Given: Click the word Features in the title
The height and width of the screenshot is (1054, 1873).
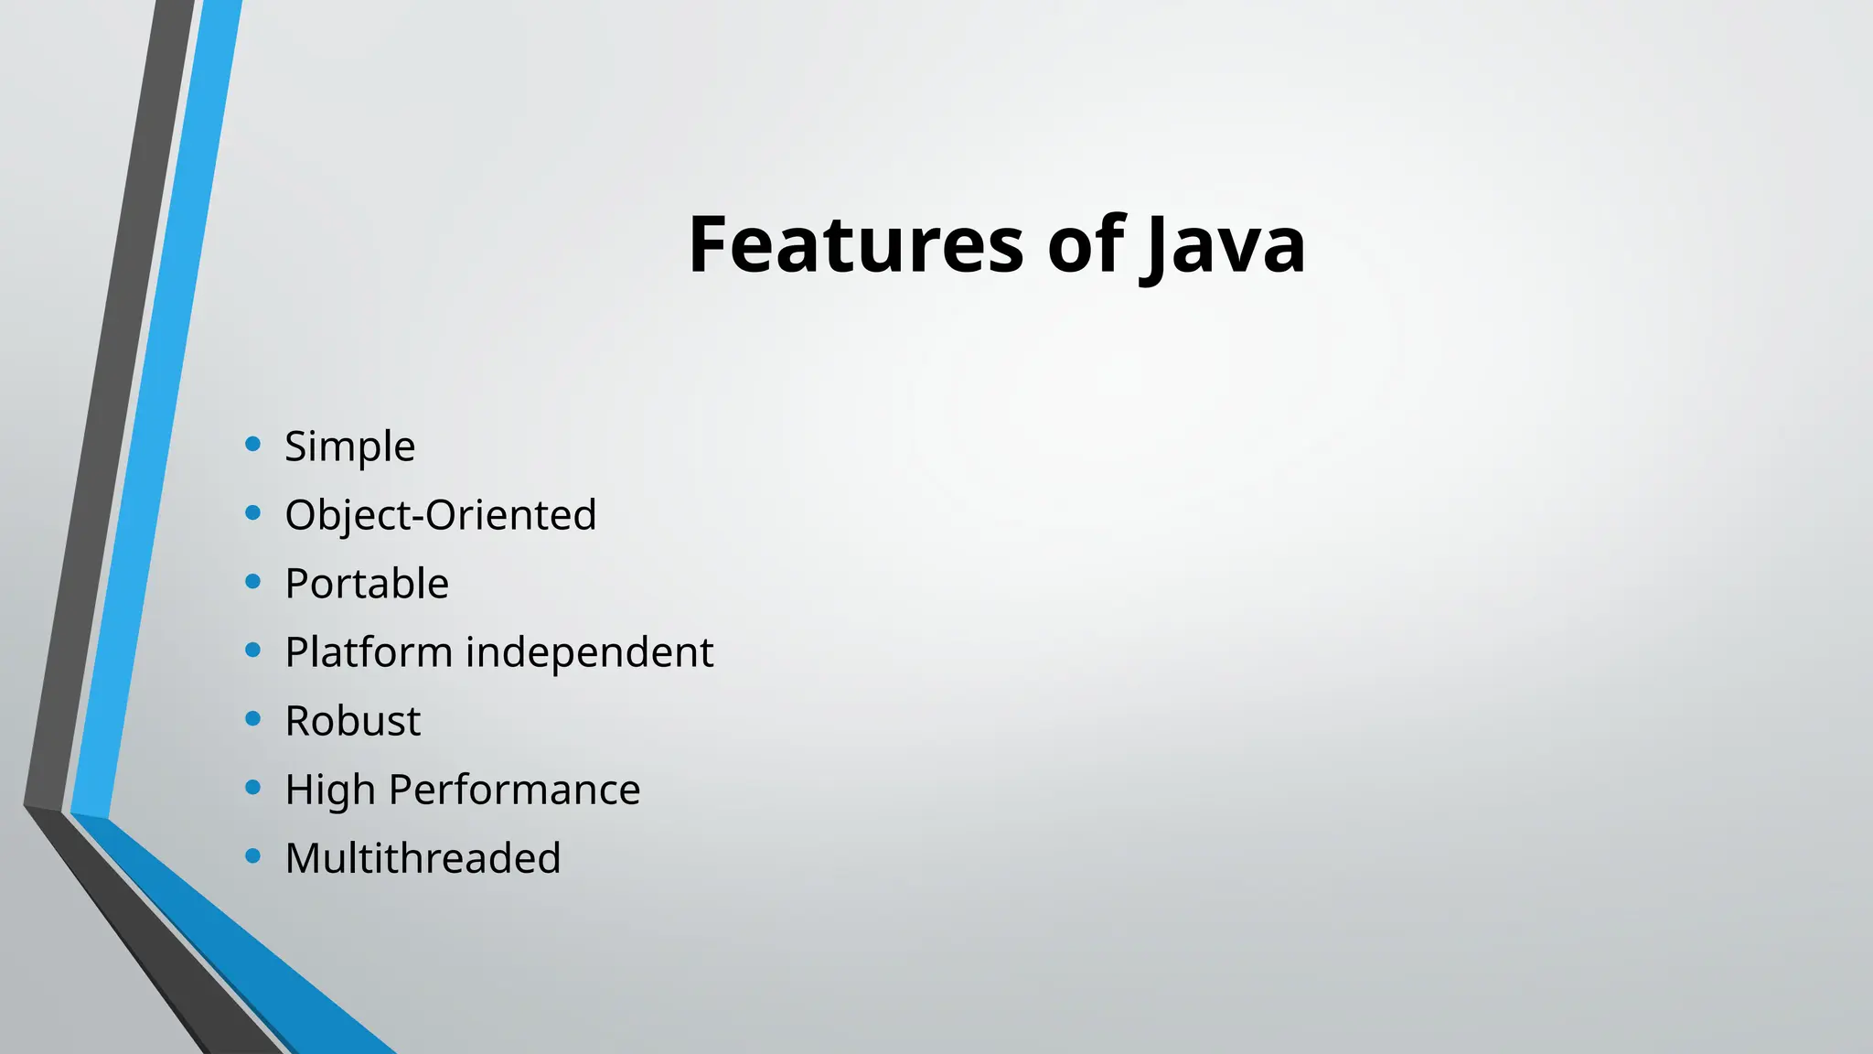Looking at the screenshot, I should pyautogui.click(x=855, y=244).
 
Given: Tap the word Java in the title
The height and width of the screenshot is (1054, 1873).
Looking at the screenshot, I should pyautogui.click(x=1224, y=244).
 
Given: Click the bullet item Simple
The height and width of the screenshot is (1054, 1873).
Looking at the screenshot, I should pyautogui.click(x=349, y=446).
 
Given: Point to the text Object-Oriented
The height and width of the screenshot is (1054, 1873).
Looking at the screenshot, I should pyautogui.click(x=440, y=515).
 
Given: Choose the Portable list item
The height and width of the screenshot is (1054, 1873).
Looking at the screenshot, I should pyautogui.click(x=367, y=584).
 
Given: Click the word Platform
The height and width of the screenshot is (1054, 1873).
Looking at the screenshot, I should pyautogui.click(x=369, y=652).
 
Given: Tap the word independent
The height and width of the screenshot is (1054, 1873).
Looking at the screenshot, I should pyautogui.click(x=589, y=652).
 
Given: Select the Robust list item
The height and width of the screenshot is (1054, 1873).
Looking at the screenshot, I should pyautogui.click(x=352, y=721).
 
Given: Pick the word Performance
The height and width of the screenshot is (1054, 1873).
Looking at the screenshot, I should pyautogui.click(x=514, y=790).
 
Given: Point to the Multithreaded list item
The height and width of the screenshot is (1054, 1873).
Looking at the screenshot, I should pyautogui.click(x=423, y=858).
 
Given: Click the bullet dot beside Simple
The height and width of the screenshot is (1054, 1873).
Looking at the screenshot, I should pyautogui.click(x=253, y=445).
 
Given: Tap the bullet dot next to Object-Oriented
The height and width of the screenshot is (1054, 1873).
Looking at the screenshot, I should pyautogui.click(x=253, y=513).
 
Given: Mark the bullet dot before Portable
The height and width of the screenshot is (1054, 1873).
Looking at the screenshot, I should pyautogui.click(x=253, y=582).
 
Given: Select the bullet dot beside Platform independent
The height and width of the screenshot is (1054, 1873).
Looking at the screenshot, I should pyautogui.click(x=253, y=651).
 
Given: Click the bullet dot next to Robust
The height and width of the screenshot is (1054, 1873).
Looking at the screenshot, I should pyautogui.click(x=253, y=719).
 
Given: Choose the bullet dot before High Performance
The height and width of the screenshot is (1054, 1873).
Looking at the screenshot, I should pyautogui.click(x=253, y=788).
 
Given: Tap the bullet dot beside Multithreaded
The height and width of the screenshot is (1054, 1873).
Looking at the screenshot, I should pyautogui.click(x=253, y=856).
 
